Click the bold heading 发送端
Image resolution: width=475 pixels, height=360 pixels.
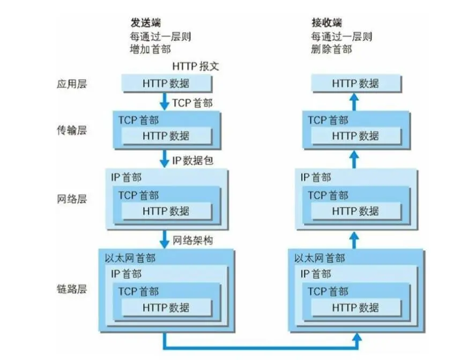[146, 23]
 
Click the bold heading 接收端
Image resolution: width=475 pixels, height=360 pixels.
[326, 23]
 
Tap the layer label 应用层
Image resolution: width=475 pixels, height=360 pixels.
[72, 84]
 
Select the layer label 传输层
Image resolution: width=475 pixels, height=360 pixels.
[72, 130]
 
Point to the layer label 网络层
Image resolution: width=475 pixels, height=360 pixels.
[72, 199]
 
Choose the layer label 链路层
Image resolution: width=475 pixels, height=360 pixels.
[72, 289]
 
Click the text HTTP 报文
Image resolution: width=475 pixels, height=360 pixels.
[196, 67]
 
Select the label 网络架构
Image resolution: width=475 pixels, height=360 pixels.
[193, 240]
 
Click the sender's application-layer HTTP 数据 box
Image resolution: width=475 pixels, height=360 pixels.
[166, 84]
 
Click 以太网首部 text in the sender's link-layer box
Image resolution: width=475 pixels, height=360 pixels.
[130, 258]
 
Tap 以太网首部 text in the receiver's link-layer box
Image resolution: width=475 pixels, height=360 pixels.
[320, 258]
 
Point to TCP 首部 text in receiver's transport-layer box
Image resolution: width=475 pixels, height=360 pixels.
[328, 121]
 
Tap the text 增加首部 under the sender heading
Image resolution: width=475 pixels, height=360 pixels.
[151, 49]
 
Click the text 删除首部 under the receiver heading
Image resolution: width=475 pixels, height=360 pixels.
[331, 49]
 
